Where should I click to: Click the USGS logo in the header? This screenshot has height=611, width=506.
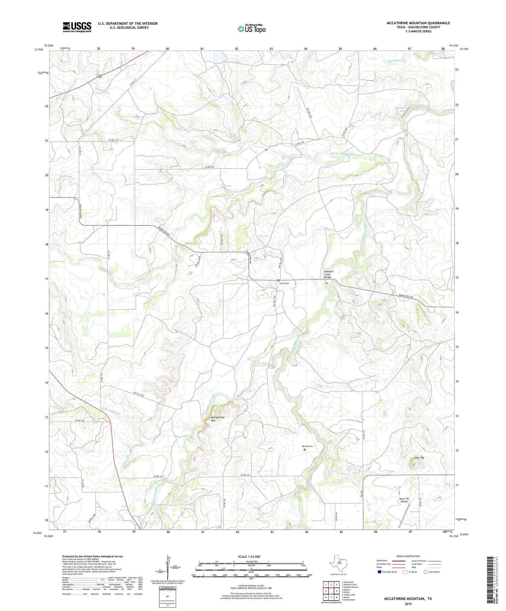[x=77, y=27]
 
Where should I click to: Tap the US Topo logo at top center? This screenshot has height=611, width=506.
[x=251, y=29]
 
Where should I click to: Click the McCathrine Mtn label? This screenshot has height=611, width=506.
[x=218, y=419]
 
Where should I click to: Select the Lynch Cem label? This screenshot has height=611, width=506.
[x=284, y=283]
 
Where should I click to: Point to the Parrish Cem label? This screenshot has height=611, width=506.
[x=307, y=446]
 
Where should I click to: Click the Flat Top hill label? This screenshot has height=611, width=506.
[x=419, y=458]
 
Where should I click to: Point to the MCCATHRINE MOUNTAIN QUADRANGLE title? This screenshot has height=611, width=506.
[x=418, y=23]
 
